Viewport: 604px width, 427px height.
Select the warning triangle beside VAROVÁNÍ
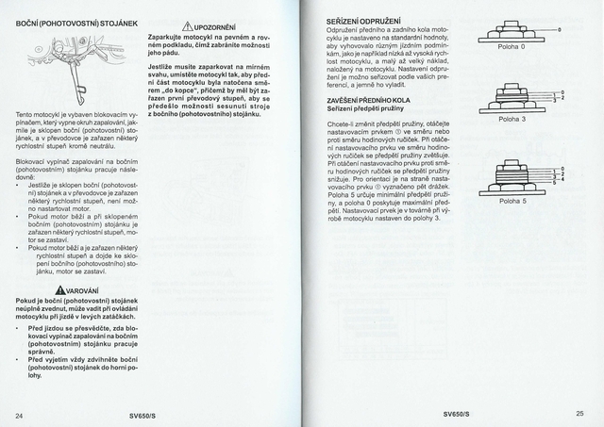pos(59,291)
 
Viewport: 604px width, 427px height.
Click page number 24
pos(19,413)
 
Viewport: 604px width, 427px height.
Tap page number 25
pos(580,413)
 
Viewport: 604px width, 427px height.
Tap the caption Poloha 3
pos(512,119)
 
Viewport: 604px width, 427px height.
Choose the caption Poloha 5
pos(512,201)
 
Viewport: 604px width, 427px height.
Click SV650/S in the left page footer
pos(146,413)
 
